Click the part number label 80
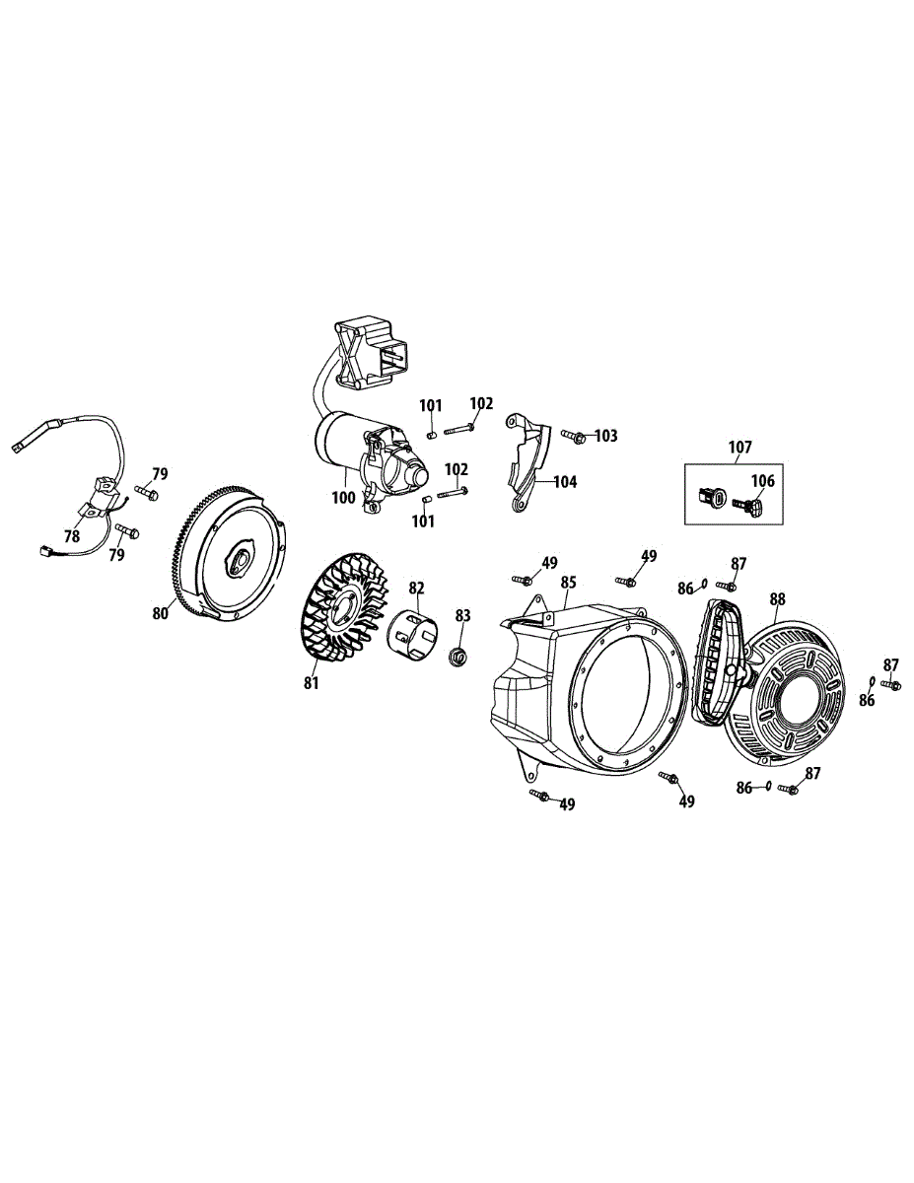pos(161,612)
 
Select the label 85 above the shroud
pos(569,582)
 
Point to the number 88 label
pos(778,598)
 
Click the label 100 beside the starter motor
pos(343,498)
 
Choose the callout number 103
pos(605,435)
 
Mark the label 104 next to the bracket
pos(565,482)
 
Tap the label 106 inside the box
pos(762,481)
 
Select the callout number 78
pos(72,536)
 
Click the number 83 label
pos(462,615)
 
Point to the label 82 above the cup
pos(417,589)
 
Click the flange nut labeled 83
pos(457,657)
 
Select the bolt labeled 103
pos(574,435)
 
